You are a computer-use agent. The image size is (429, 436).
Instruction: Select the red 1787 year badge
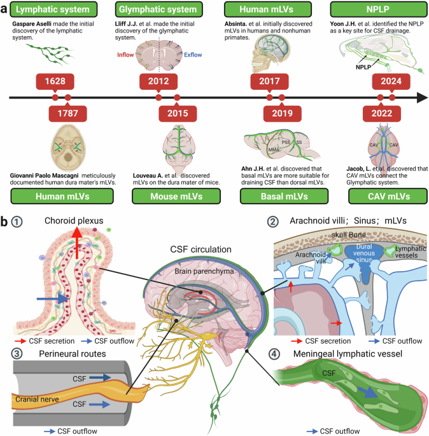(x=67, y=113)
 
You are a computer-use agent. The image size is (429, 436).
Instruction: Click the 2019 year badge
(x=281, y=113)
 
